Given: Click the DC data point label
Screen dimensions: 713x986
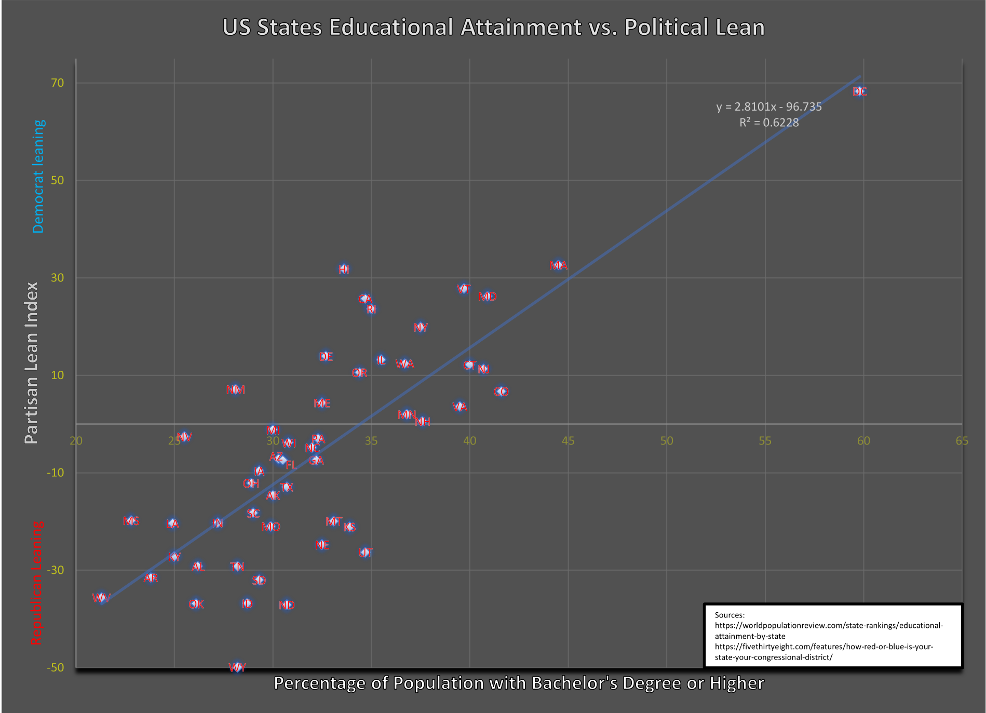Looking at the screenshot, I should (860, 91).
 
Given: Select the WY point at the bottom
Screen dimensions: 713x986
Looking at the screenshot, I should (237, 667).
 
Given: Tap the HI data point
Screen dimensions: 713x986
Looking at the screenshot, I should (344, 269).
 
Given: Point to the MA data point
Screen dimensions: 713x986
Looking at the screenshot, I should (558, 265).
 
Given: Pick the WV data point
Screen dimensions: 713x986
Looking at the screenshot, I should (101, 598).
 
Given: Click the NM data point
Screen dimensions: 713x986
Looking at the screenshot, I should (236, 389).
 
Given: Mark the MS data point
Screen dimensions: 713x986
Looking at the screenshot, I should (131, 520).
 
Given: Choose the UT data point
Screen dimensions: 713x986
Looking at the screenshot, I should (366, 552).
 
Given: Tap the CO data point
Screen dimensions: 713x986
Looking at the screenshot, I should (501, 392).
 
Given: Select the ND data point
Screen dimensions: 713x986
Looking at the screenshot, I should (287, 605).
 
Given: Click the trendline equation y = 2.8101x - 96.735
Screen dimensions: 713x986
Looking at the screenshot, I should (769, 107).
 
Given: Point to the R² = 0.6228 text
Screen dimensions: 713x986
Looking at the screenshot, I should (769, 123).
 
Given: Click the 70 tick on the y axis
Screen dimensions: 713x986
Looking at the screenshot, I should (58, 83).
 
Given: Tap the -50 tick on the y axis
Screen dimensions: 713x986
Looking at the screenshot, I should (56, 667).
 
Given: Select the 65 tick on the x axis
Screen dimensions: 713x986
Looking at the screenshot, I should (962, 441).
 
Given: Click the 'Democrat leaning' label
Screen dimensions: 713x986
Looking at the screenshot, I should (38, 177).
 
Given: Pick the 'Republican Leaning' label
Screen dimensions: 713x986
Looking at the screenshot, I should (36, 583).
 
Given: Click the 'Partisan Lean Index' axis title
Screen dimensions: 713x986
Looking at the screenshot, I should (32, 363).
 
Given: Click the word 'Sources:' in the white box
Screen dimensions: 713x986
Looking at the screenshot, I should (730, 615).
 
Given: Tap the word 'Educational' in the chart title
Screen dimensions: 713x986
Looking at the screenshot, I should (391, 28).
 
